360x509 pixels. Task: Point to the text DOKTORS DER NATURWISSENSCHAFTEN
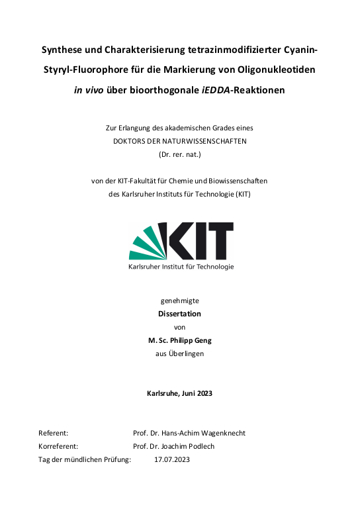(180, 141)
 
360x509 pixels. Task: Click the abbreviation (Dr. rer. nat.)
(180, 154)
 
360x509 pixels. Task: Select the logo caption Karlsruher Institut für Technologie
(180, 267)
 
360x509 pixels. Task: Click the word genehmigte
(180, 301)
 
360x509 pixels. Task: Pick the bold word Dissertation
(180, 314)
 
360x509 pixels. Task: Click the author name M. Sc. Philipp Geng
(180, 340)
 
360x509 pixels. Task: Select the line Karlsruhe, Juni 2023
(180, 393)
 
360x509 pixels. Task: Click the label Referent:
(54, 433)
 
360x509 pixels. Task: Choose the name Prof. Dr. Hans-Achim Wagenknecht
(189, 433)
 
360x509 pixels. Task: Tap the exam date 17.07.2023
(172, 459)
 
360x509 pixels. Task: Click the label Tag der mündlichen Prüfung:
(85, 459)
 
